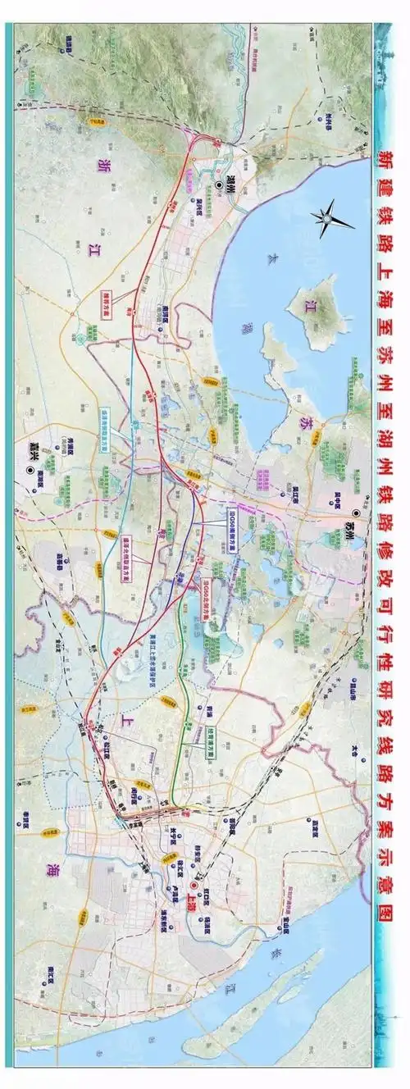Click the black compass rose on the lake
[330, 217]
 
